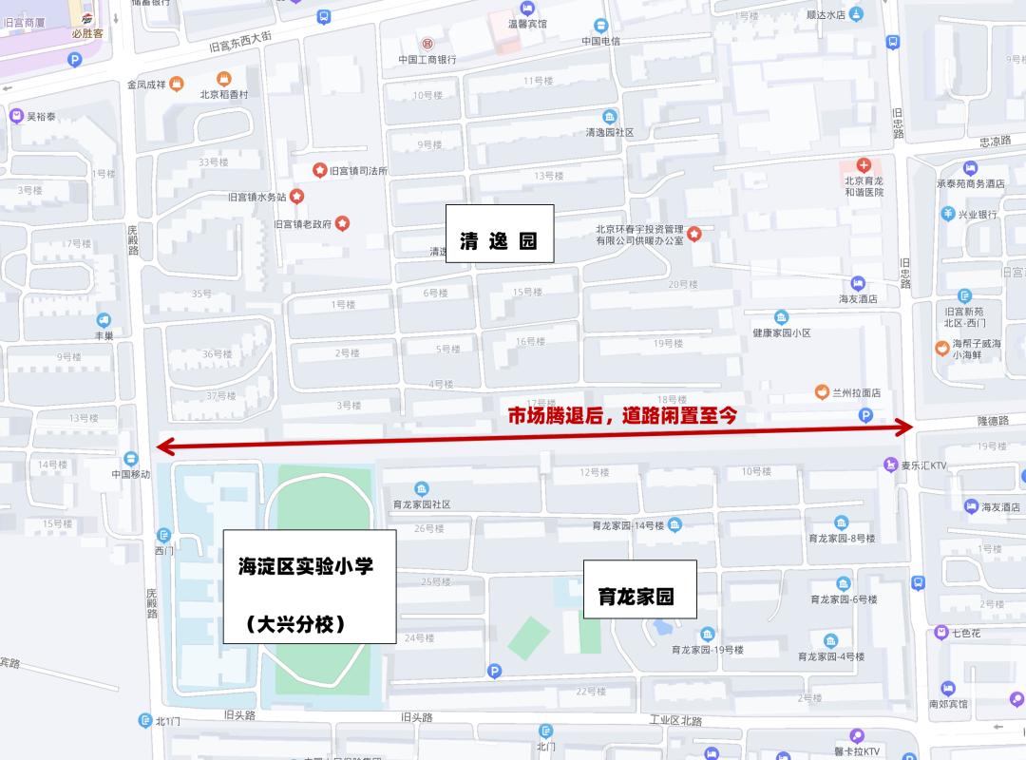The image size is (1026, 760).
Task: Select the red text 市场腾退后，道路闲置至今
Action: [623, 415]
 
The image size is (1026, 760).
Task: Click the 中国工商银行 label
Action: [427, 60]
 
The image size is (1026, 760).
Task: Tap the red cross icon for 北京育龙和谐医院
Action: [864, 165]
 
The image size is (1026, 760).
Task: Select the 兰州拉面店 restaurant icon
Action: [821, 391]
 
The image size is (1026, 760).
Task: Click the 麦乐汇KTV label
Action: [925, 465]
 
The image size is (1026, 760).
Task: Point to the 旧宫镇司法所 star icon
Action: [319, 170]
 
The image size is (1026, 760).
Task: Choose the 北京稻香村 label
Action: [223, 94]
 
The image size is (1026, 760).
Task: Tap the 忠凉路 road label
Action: [996, 141]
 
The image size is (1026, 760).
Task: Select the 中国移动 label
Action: [130, 473]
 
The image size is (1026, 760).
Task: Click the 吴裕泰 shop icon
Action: [16, 117]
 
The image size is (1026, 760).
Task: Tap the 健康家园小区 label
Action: [781, 332]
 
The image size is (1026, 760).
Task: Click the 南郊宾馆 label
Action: [948, 704]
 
